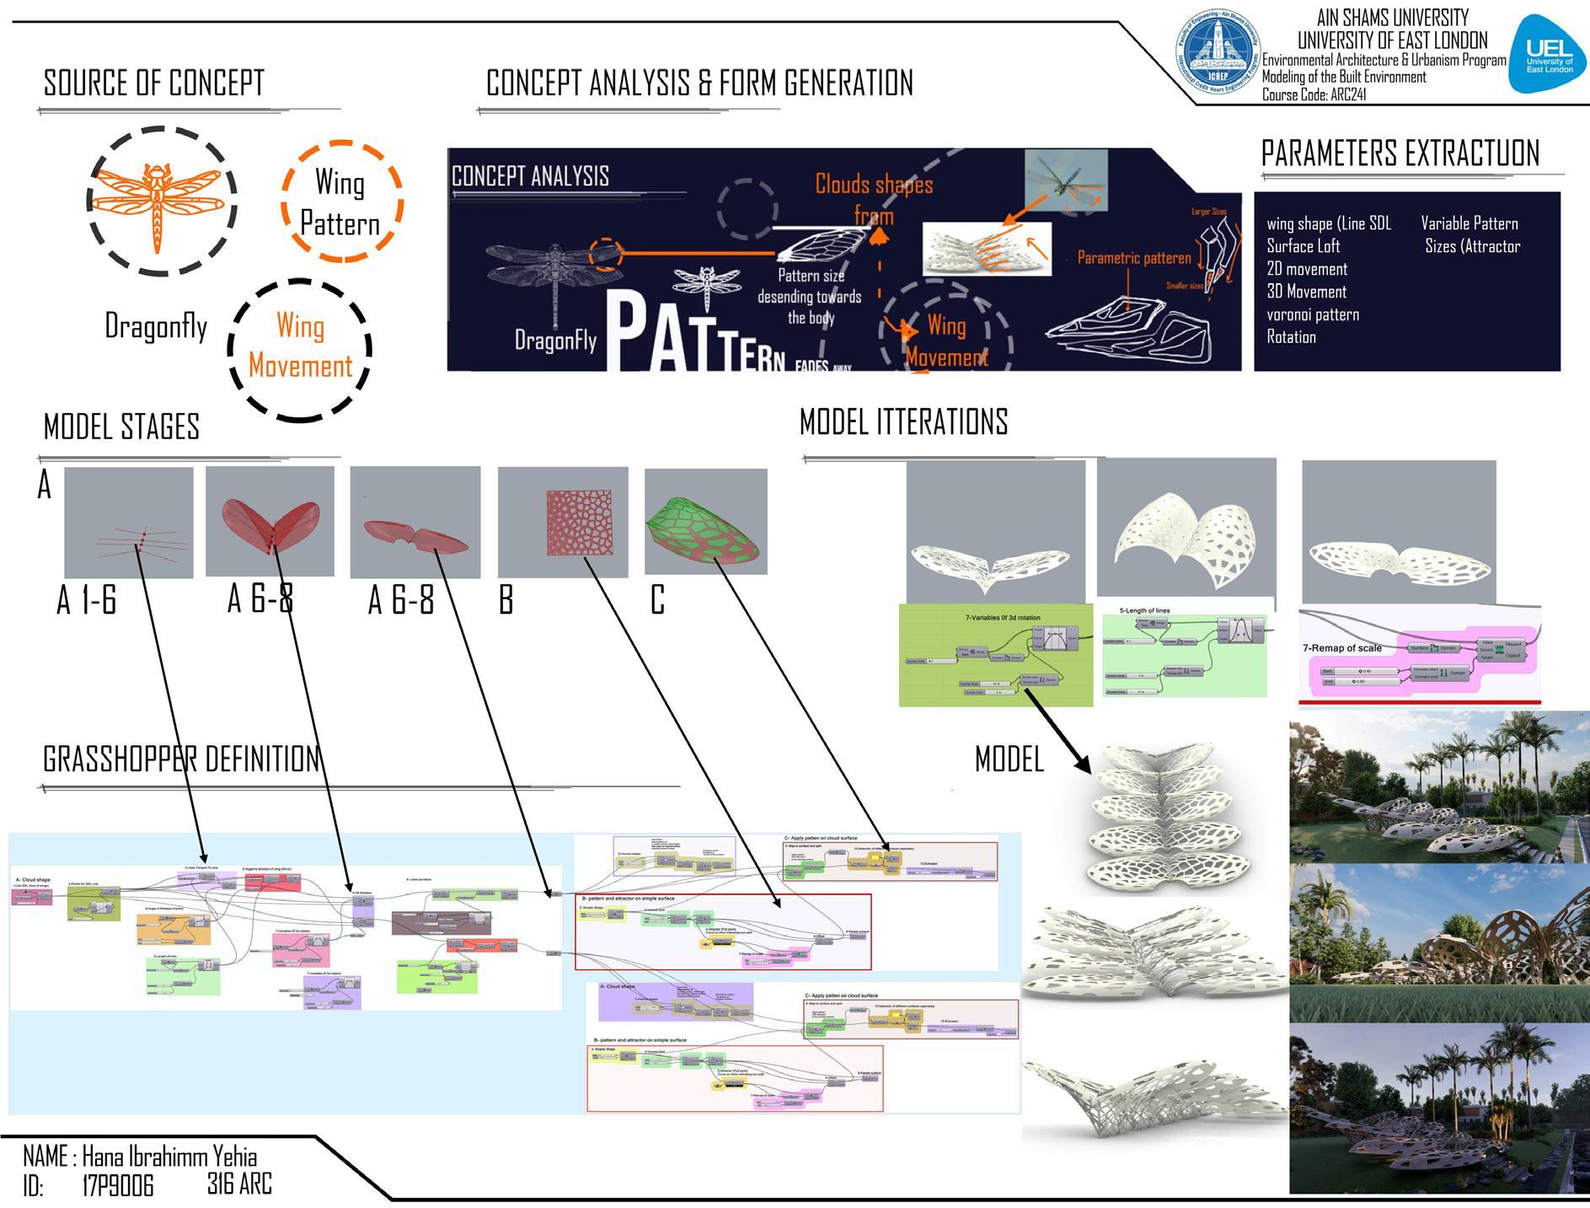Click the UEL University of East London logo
1550,56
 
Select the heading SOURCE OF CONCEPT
154,83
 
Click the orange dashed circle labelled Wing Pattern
340,202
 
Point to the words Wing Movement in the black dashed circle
301,346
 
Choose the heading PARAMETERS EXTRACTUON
1400,154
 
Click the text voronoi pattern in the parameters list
1313,314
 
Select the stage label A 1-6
87,601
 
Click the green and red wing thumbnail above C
705,522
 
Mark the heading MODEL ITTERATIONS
903,421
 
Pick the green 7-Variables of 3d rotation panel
996,654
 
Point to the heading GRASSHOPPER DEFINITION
181,760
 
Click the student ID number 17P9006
118,1186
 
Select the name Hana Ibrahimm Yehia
169,1156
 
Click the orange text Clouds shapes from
874,199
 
